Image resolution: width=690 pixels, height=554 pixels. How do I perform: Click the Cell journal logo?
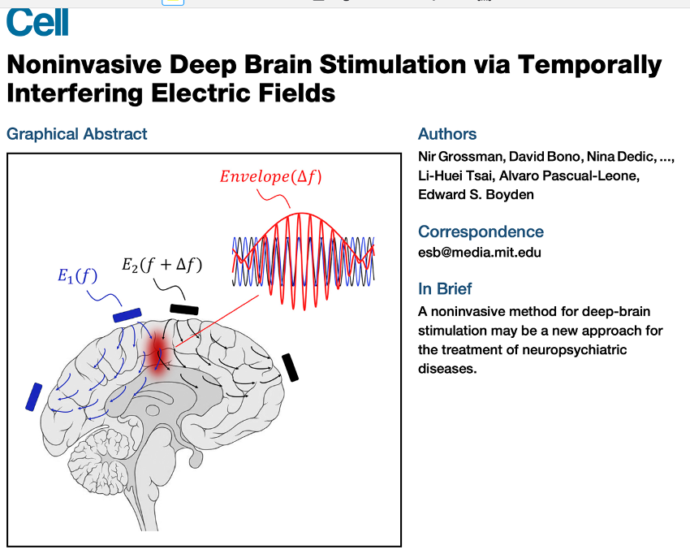coord(37,22)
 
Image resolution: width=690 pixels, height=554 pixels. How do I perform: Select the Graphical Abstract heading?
coord(77,134)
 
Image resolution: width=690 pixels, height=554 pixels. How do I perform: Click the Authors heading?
coord(447,134)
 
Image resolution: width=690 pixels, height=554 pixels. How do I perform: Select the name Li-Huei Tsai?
coord(451,176)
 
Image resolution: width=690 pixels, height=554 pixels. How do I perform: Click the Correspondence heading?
coord(481,232)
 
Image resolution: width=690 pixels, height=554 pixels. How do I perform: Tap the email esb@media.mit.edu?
coord(479,252)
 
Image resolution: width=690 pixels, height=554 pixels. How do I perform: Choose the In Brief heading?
coord(445,288)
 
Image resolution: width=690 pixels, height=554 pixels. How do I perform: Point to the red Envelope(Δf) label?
coord(270,176)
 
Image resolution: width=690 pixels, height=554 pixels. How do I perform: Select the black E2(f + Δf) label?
coord(162,265)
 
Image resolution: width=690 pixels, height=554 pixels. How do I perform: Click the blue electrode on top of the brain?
coord(127,314)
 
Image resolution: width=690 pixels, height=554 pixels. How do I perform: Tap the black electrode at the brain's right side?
coord(290,367)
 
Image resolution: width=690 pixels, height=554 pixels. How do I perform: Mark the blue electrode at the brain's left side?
coord(34,396)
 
